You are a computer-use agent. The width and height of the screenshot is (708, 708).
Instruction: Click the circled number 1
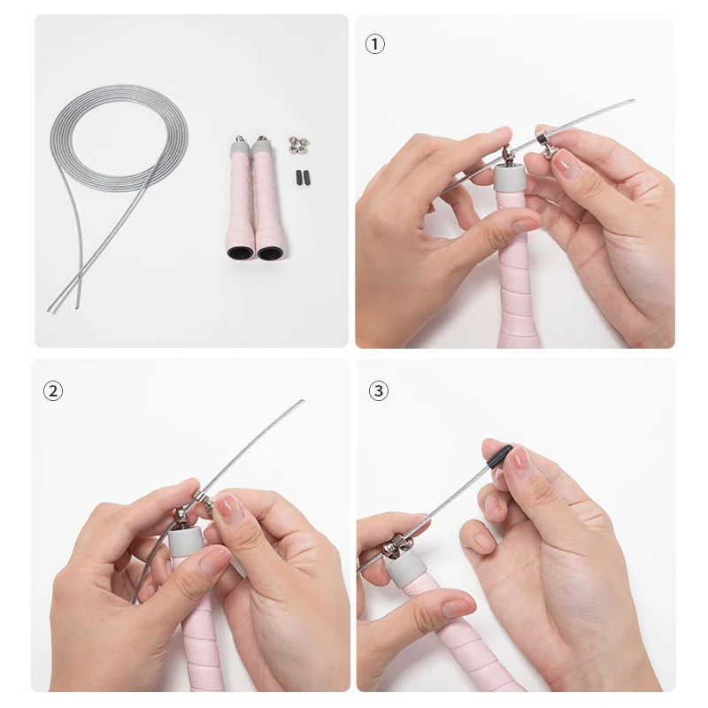coord(374,45)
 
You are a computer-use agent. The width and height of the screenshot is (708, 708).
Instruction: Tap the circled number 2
coord(53,390)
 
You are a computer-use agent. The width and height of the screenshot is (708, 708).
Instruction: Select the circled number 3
coord(379,390)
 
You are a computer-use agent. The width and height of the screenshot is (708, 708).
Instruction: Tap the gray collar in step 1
coord(510,178)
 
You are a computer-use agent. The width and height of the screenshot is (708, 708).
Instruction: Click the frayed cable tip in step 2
coord(302,401)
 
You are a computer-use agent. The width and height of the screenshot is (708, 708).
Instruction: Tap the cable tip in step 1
coord(632,100)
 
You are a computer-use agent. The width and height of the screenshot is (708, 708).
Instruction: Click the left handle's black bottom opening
coord(240,252)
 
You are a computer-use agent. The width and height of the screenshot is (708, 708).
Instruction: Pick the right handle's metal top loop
coord(261,138)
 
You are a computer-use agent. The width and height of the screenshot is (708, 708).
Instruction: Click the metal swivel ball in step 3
coord(390,548)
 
